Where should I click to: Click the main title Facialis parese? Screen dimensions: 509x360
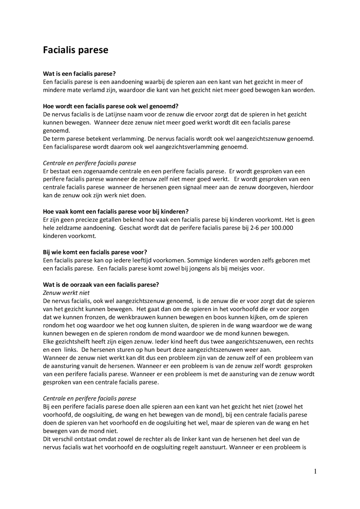[x=75, y=50]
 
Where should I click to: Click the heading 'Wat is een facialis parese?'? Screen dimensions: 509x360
[x=79, y=74]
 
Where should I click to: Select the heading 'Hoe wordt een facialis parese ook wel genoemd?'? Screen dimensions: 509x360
[x=111, y=106]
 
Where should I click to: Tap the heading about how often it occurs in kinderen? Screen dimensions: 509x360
[x=116, y=211]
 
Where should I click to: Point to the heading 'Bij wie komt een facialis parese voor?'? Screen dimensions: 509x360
[x=95, y=252]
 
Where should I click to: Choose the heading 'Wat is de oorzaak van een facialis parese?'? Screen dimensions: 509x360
[x=101, y=284]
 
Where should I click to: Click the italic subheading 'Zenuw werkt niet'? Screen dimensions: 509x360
[x=66, y=293]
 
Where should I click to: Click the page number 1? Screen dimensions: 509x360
[x=315, y=471]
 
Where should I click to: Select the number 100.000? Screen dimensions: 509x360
[x=282, y=228]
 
